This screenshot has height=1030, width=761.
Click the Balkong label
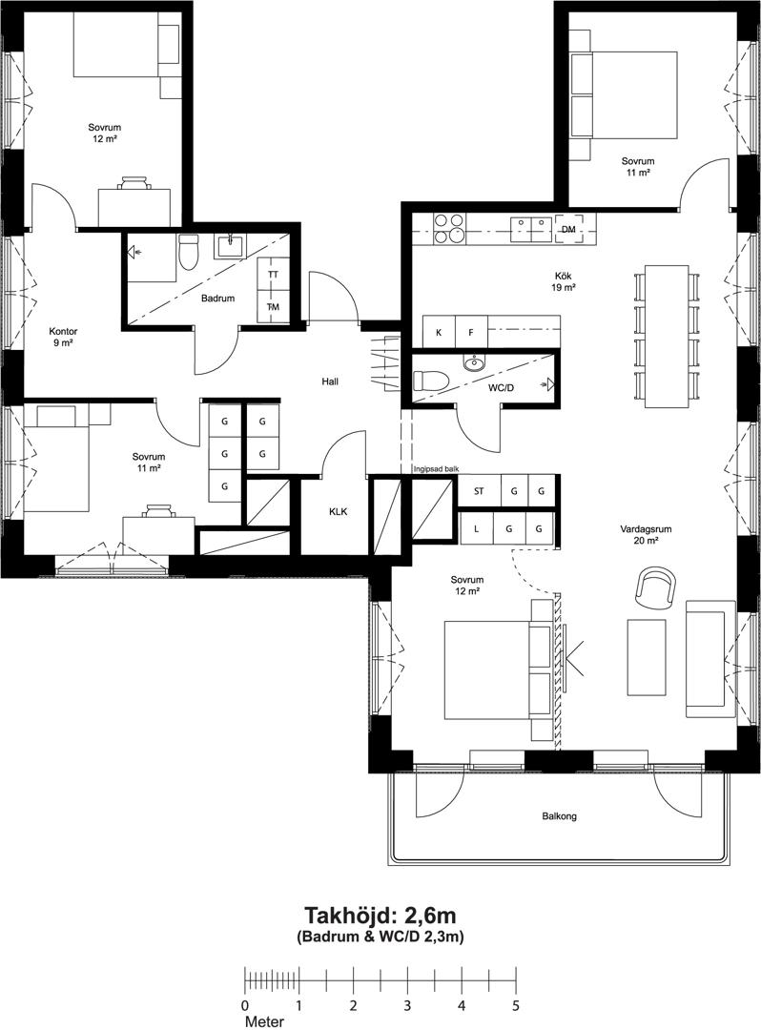(x=560, y=816)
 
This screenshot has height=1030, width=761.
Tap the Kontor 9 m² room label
(x=63, y=337)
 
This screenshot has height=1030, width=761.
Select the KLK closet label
(x=339, y=512)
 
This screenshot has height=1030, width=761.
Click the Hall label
(x=330, y=381)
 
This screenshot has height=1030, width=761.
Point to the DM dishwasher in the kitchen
(x=568, y=229)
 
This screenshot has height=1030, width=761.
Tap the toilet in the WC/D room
(x=431, y=381)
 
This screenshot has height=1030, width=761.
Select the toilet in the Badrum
(x=188, y=252)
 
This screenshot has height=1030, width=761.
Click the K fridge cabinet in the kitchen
(x=439, y=332)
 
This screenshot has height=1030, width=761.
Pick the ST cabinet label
(x=480, y=491)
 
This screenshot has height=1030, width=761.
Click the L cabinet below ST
(x=476, y=528)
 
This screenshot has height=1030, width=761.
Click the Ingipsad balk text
(x=435, y=469)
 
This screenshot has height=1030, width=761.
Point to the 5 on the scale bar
(x=516, y=1005)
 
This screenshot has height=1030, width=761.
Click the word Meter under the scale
(x=264, y=1021)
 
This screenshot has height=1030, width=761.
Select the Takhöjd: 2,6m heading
(x=380, y=915)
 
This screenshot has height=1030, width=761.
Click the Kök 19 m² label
(x=564, y=281)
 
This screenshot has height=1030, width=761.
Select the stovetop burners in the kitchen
(x=447, y=229)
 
